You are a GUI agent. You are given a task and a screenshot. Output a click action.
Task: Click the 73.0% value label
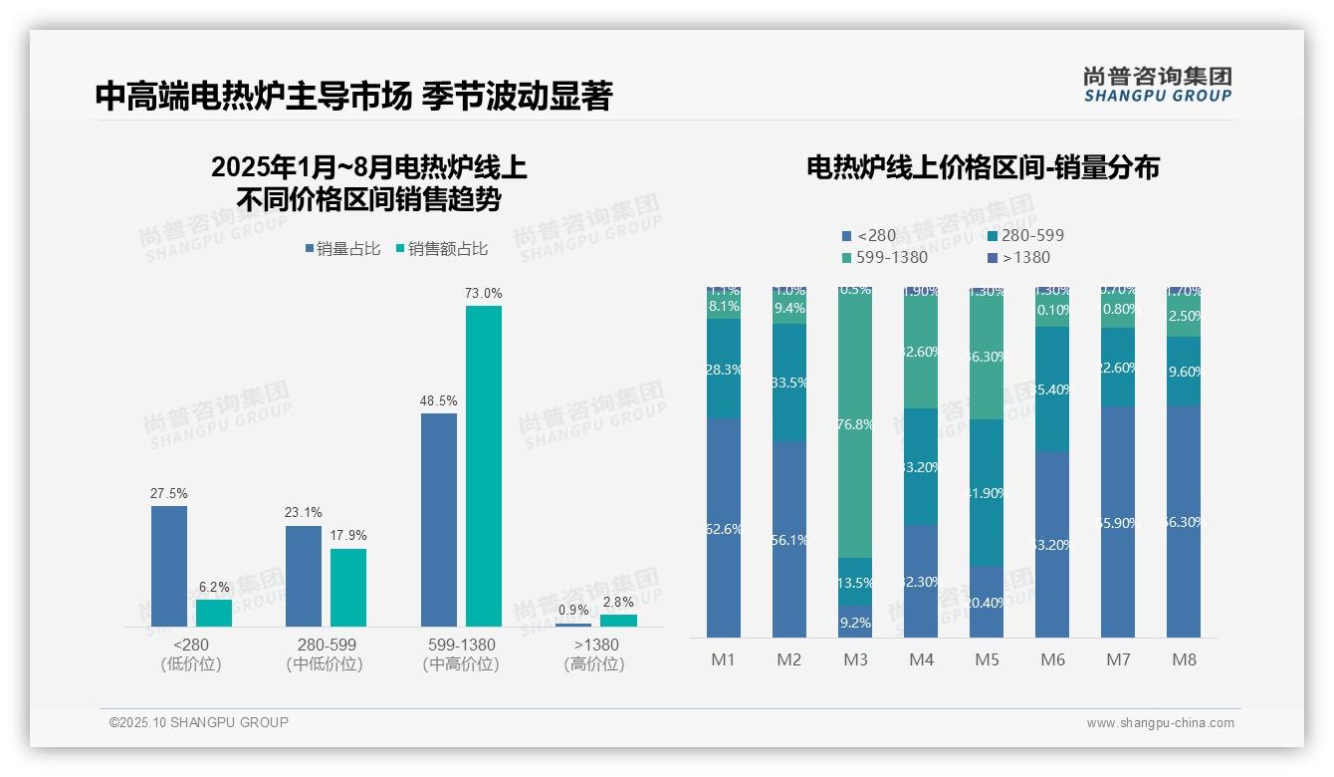483,294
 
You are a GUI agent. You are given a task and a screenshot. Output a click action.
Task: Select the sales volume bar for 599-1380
439,519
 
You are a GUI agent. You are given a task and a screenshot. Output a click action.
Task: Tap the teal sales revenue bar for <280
214,613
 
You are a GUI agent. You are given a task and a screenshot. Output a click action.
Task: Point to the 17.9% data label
348,536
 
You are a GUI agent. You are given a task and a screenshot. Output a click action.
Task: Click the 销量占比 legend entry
341,249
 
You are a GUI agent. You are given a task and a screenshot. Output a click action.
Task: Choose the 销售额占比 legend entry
441,249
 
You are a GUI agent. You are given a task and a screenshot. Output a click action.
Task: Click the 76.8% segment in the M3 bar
855,424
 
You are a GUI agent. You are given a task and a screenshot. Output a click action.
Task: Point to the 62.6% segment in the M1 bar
724,528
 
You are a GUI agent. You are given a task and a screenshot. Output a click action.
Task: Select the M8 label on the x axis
1184,659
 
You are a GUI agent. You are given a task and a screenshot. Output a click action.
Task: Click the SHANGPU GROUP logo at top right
1157,85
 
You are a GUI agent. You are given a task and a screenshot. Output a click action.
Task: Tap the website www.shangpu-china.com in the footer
1160,723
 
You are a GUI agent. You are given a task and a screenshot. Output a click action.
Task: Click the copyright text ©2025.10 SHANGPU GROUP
199,722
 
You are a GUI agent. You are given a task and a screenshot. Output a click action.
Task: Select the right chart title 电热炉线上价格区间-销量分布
983,167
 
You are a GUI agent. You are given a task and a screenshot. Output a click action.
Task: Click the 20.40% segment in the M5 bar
987,602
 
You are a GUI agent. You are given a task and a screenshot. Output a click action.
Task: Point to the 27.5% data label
168,493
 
